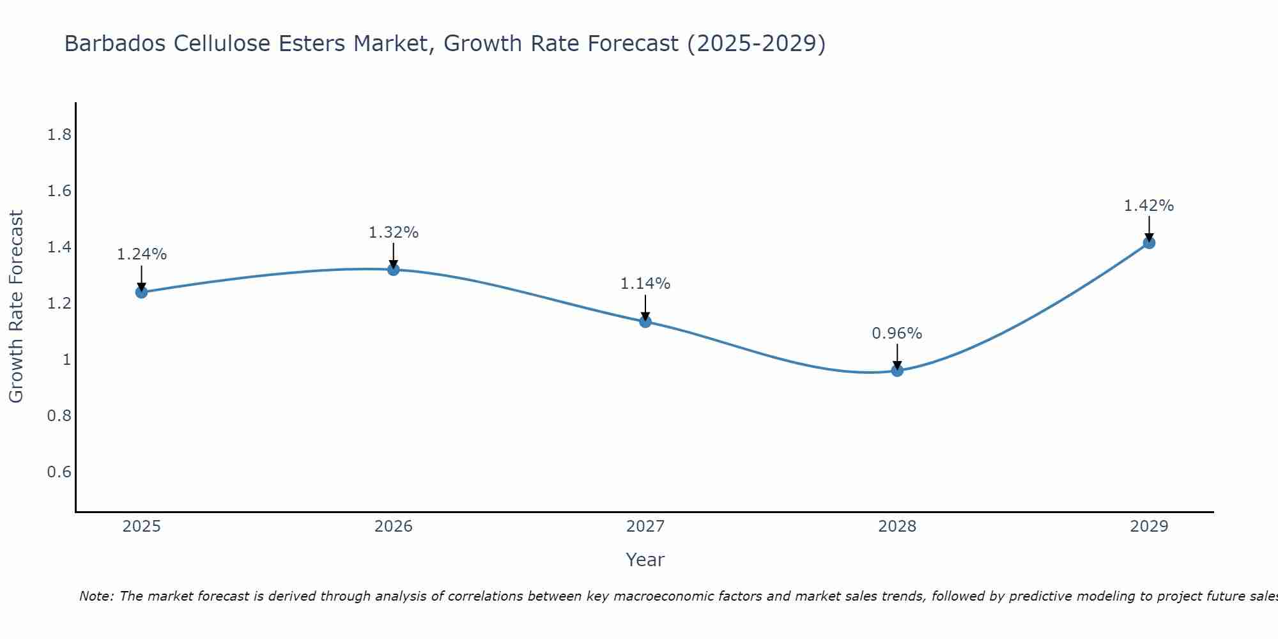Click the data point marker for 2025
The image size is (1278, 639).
[141, 292]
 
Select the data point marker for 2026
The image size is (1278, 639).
[393, 270]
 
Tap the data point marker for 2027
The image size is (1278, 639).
[645, 321]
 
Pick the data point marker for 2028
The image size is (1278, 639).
[897, 370]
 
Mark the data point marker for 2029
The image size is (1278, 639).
[1149, 243]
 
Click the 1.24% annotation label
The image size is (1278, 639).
[141, 254]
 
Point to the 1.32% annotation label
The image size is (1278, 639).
[393, 233]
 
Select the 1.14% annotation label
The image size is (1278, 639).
[645, 284]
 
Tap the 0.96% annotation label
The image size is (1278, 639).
[897, 334]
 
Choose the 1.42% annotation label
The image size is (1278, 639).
[1149, 206]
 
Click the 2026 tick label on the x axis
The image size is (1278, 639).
[393, 527]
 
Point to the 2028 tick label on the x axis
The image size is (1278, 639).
[897, 527]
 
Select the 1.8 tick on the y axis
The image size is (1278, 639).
[59, 135]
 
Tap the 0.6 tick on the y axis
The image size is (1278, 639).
[59, 472]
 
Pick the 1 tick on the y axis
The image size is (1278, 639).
[66, 360]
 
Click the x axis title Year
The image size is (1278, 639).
[645, 560]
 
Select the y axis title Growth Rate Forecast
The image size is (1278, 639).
[16, 307]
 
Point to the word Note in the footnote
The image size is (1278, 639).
[96, 596]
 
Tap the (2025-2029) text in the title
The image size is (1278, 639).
[756, 43]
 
